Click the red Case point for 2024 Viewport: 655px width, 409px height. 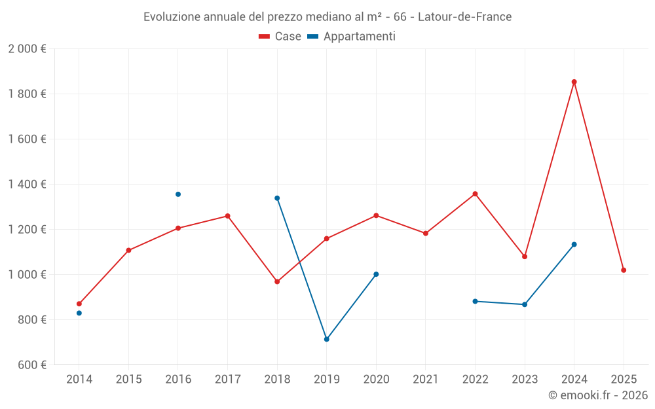[x=574, y=82]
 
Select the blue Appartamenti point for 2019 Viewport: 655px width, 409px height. [x=326, y=339]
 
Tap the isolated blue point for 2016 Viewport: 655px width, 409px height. [x=178, y=194]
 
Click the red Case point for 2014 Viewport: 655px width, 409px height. [x=79, y=304]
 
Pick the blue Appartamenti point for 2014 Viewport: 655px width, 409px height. [x=79, y=313]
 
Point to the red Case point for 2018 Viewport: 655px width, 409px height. [x=277, y=281]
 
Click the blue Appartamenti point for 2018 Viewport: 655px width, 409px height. [x=277, y=198]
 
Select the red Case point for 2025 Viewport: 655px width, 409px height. [x=624, y=270]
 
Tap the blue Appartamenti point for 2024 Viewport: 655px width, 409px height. [x=574, y=244]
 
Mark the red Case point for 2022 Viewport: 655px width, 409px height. [x=475, y=194]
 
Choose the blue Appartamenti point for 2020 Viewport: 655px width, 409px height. [x=376, y=274]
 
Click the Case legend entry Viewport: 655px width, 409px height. [x=280, y=37]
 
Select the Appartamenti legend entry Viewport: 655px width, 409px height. [x=352, y=37]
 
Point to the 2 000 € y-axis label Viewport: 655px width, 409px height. [x=27, y=49]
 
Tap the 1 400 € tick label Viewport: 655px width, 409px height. [x=27, y=185]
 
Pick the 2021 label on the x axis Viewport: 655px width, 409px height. [x=426, y=380]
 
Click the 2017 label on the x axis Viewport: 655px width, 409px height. [x=227, y=380]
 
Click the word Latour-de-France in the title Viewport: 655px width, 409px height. [x=464, y=17]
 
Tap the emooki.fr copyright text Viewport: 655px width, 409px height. [x=598, y=395]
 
